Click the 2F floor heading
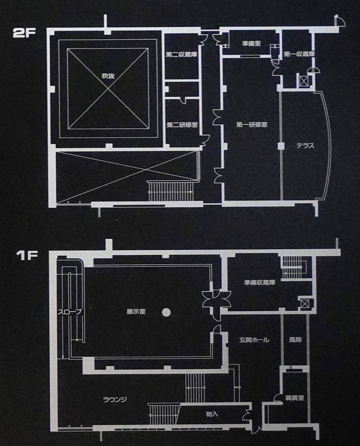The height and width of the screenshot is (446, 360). click(24, 33)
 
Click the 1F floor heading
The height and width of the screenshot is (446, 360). click(27, 255)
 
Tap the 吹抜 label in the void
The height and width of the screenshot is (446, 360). click(108, 76)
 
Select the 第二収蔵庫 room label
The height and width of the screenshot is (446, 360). click(181, 54)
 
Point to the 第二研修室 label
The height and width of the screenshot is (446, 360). click(182, 125)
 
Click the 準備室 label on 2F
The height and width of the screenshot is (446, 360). click(251, 44)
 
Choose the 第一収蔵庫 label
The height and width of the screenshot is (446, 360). click(299, 54)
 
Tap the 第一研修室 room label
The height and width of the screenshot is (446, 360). click(252, 125)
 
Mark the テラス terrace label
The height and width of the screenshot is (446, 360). click(305, 146)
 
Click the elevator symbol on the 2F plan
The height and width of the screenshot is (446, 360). click(303, 81)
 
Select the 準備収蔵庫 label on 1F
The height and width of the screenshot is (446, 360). click(259, 283)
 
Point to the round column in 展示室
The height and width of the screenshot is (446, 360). click(166, 312)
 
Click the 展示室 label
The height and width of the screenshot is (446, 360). click(136, 312)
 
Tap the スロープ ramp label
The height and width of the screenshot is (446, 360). click(70, 312)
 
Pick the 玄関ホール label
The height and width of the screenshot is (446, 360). click(254, 340)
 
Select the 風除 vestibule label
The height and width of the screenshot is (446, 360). click(295, 339)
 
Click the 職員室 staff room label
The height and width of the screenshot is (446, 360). click(294, 398)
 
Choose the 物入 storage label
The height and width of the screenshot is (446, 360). click(212, 414)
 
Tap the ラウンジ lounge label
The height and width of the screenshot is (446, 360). click(115, 399)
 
